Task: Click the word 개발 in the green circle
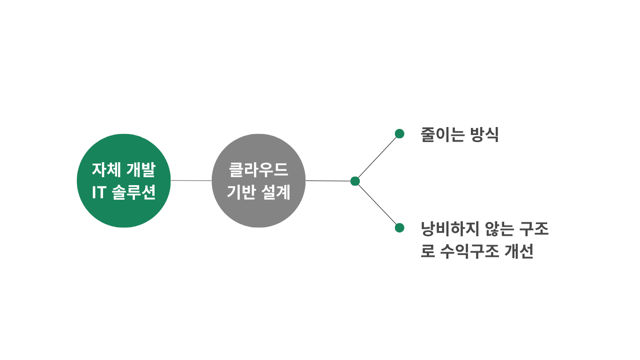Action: click(141, 170)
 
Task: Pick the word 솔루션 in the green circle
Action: click(134, 193)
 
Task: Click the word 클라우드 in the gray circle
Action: click(259, 170)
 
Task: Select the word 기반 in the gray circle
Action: click(241, 192)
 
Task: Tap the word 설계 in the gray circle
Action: click(277, 192)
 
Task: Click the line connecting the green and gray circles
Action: click(191, 180)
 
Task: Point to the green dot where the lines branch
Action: click(355, 181)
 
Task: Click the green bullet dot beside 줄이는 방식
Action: click(400, 134)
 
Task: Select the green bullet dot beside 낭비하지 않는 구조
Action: click(400, 228)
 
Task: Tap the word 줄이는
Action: click(443, 135)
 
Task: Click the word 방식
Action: click(484, 135)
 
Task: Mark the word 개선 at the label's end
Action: click(519, 252)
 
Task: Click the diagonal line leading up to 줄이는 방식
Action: click(377, 157)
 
